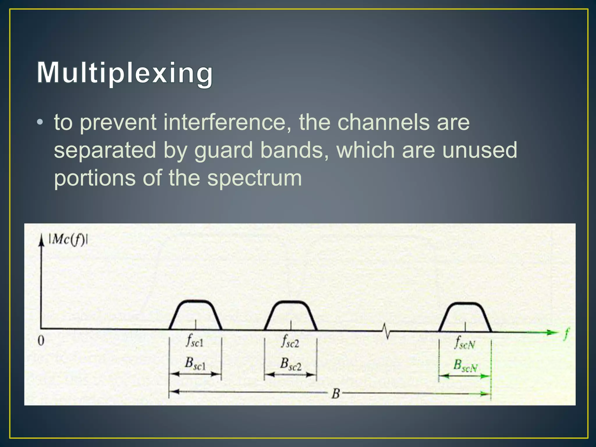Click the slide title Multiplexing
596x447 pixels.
pos(125,73)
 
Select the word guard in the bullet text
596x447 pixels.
pos(223,150)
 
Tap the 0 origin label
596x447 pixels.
pos(41,340)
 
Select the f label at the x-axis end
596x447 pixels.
pos(566,334)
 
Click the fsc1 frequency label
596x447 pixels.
pos(194,341)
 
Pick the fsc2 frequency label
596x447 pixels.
pos(290,341)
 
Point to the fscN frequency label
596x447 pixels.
pos(465,343)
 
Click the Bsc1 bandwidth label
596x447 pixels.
pos(195,363)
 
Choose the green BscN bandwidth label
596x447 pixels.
pos(465,366)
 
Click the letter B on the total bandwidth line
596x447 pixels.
pos(336,393)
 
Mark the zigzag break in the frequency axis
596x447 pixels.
pos(386,331)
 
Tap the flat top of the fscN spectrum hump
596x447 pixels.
pos(465,304)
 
